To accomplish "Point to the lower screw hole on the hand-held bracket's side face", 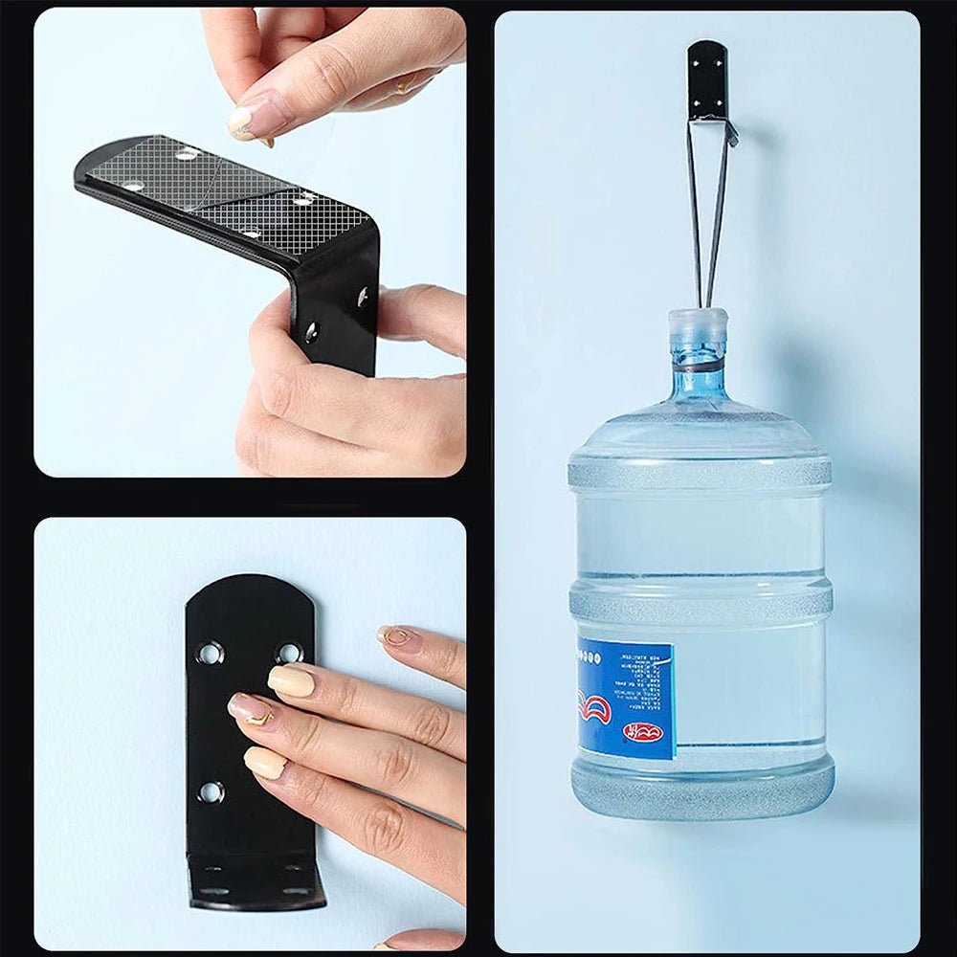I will [311, 333].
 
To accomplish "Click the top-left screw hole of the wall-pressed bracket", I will [209, 655].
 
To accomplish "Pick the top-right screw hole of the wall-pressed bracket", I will [287, 653].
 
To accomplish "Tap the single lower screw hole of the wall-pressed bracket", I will [211, 792].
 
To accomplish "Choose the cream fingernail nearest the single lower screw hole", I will [265, 762].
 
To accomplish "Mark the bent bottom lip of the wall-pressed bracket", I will [255, 885].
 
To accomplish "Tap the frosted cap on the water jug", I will [698, 331].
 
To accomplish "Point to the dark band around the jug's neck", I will [698, 366].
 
